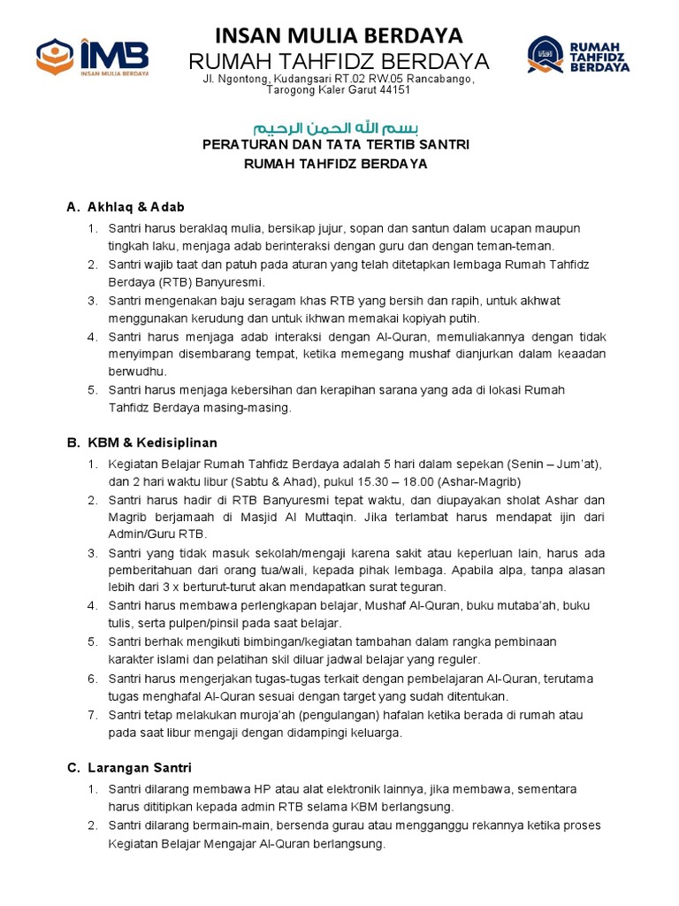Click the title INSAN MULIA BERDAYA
click(x=339, y=35)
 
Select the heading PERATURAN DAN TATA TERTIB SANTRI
click(x=336, y=144)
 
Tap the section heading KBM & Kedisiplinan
click(x=152, y=442)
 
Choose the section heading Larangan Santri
click(x=139, y=768)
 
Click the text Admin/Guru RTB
click(x=156, y=534)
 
